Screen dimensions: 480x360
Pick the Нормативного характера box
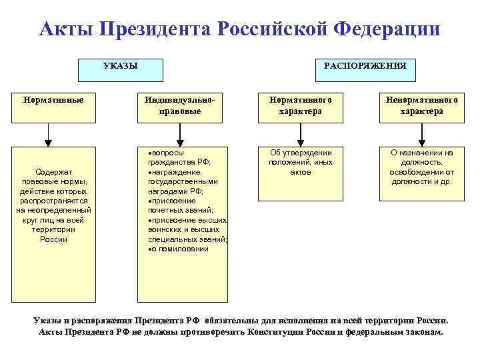point(301,106)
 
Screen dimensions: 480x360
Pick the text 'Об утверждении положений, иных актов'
point(301,162)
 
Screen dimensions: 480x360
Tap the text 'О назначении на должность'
point(421,157)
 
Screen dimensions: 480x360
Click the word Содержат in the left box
point(54,172)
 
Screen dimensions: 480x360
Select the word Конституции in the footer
point(279,331)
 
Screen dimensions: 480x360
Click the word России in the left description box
point(54,239)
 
